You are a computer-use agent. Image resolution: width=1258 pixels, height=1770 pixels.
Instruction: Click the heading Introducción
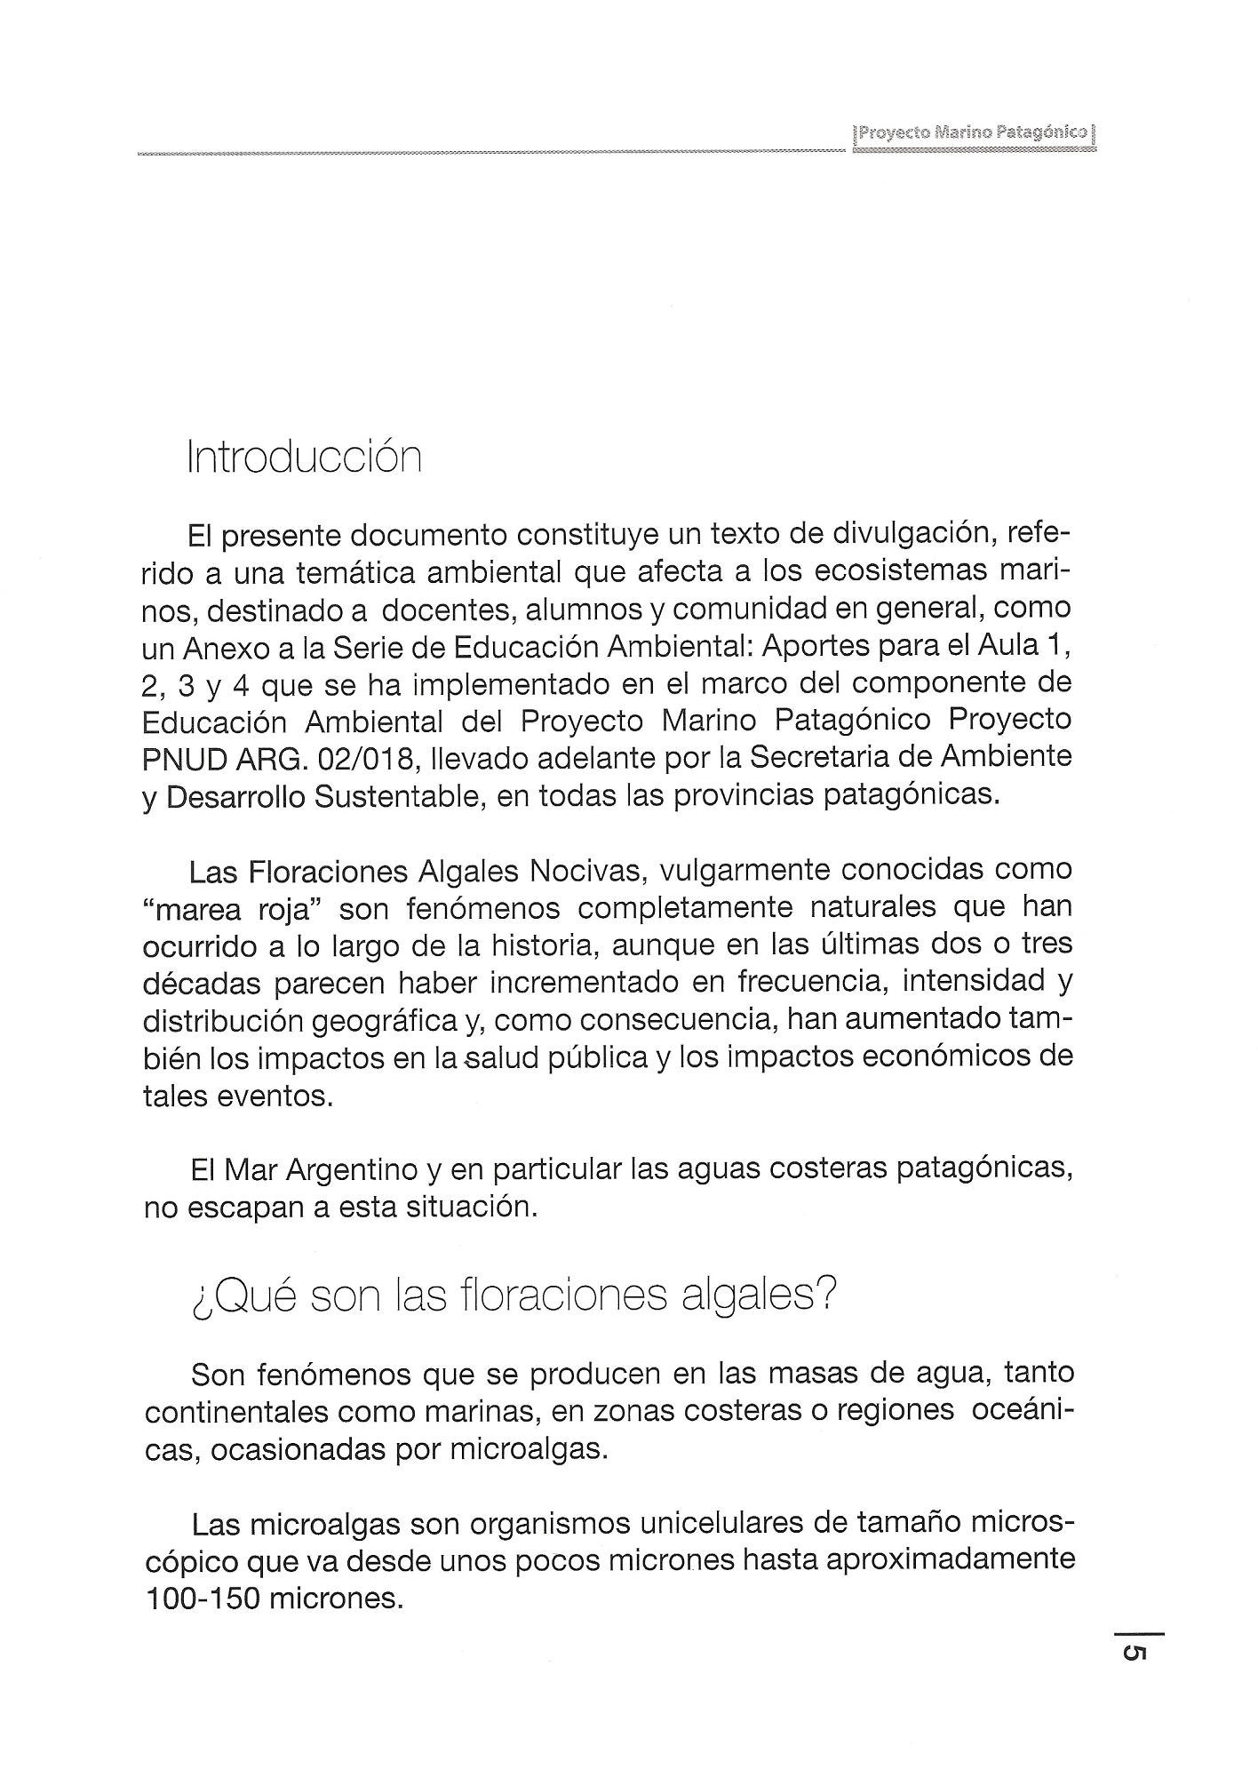303,458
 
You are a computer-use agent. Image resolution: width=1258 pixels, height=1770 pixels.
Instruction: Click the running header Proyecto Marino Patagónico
973,133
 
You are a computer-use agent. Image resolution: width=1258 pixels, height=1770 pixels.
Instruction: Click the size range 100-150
199,1599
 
